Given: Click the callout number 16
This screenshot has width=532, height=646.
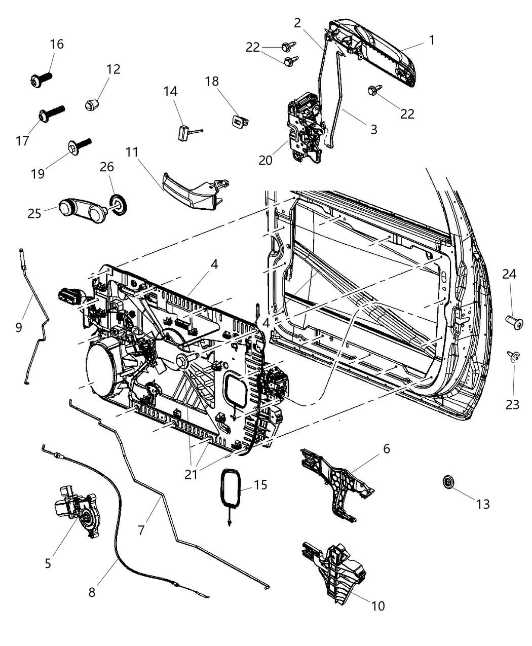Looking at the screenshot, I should (57, 44).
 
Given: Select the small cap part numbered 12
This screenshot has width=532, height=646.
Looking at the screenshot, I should (91, 105).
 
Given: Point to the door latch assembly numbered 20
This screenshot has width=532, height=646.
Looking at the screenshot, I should (304, 127).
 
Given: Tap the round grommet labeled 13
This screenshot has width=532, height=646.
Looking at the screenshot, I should (448, 482).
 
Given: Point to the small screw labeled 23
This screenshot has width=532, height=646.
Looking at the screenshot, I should (513, 358).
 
